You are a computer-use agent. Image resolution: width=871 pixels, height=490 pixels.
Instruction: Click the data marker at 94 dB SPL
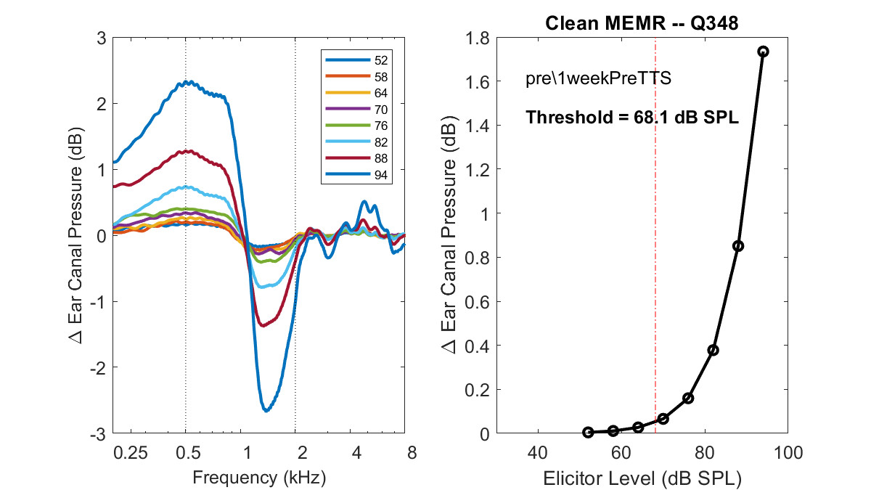(x=763, y=52)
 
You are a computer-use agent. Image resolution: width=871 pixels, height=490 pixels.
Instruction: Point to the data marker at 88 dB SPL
(x=738, y=246)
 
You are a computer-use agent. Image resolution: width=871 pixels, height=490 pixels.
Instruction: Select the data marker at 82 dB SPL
(x=713, y=350)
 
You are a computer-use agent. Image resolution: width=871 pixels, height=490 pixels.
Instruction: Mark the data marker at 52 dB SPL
(x=588, y=432)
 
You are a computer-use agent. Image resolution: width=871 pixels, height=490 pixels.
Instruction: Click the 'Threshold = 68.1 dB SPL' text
(x=632, y=117)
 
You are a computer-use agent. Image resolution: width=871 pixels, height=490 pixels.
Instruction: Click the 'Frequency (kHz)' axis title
(x=259, y=478)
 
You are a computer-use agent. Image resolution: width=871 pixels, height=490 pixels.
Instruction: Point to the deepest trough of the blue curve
(x=266, y=411)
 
